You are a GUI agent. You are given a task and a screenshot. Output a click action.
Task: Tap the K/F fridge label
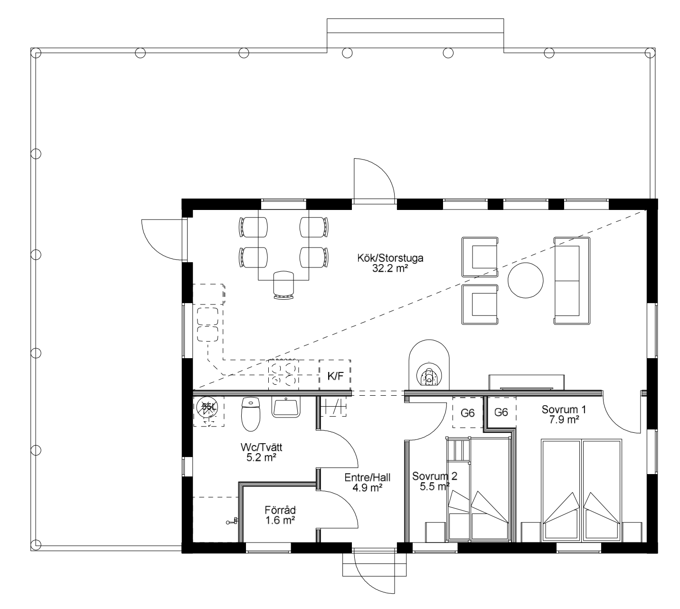click(335, 376)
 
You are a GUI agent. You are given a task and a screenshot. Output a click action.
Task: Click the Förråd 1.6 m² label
click(280, 515)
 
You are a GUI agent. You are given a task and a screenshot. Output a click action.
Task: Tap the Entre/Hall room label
click(367, 477)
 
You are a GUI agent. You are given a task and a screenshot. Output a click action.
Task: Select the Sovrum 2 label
click(434, 476)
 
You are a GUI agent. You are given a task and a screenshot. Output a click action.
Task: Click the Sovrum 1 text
click(564, 409)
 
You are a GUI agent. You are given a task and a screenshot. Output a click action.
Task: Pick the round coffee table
click(525, 280)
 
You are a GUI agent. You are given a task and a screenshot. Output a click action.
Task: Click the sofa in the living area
click(572, 281)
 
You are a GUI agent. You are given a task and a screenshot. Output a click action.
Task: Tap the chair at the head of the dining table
click(283, 285)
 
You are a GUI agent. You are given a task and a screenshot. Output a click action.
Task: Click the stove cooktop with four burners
click(283, 375)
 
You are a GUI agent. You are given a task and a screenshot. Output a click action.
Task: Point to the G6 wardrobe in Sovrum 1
click(501, 412)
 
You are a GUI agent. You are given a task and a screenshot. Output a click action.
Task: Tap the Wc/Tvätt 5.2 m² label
click(261, 452)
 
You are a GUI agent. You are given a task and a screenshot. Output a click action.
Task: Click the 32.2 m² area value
click(390, 268)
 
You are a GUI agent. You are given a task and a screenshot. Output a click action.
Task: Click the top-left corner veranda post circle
click(36, 53)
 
